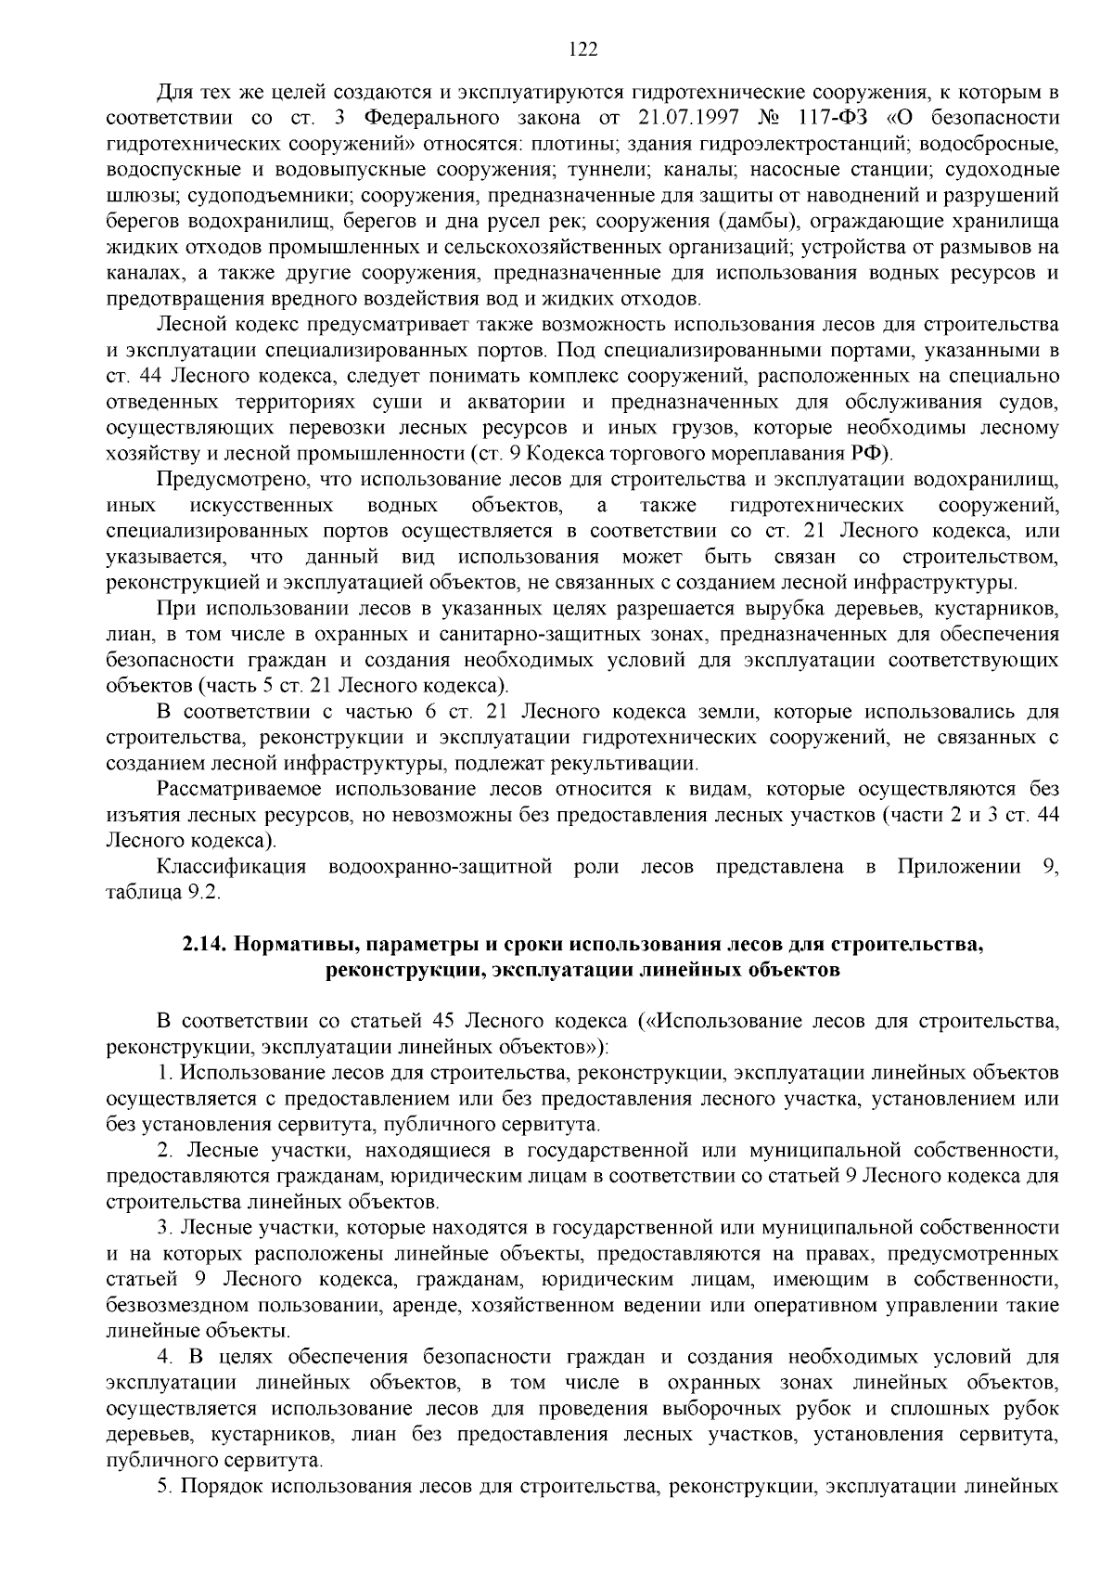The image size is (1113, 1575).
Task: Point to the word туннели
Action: [672, 170]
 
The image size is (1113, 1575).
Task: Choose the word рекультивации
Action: [637, 764]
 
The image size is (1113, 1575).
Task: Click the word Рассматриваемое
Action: [239, 790]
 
